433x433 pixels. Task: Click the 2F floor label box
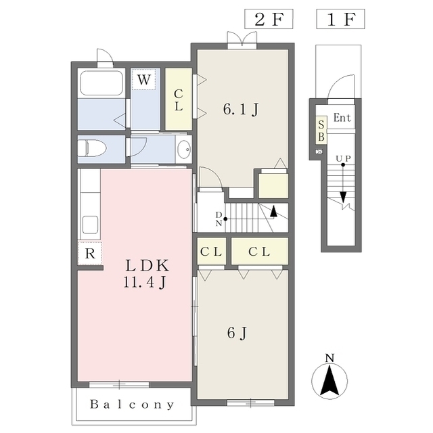[269, 19]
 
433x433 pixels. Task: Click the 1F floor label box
[340, 19]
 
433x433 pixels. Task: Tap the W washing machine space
[144, 80]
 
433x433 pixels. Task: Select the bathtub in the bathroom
[101, 83]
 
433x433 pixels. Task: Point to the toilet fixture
[92, 148]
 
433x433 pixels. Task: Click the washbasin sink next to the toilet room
[184, 149]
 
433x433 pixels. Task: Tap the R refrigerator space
[90, 253]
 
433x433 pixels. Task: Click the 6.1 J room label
[241, 110]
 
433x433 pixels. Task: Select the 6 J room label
[237, 333]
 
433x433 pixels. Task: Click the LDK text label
[147, 266]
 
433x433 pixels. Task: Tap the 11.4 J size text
[145, 282]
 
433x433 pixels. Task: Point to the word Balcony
[133, 405]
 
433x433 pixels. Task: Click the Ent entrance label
[342, 118]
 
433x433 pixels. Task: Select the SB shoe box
[321, 130]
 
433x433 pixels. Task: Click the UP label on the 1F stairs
[343, 158]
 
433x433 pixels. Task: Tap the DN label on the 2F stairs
[219, 219]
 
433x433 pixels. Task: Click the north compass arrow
[329, 380]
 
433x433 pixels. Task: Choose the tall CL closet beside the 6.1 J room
[179, 99]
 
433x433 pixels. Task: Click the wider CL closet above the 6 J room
[260, 251]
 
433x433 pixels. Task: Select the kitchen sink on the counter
[90, 224]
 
